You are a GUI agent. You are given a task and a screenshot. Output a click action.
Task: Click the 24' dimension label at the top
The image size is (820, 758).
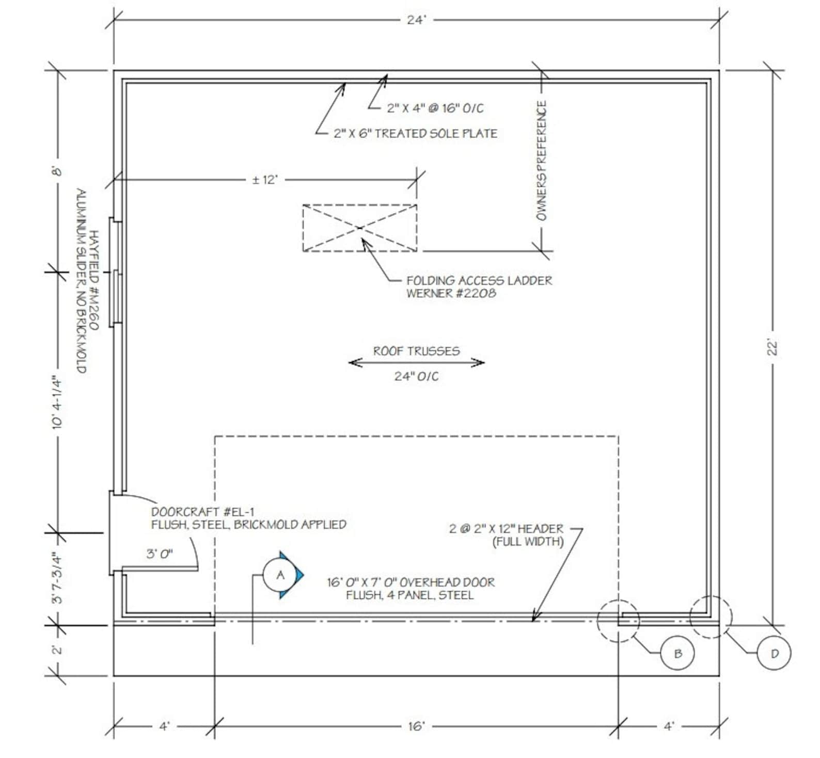(x=416, y=20)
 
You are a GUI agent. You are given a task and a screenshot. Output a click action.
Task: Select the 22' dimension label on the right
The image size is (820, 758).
(x=772, y=347)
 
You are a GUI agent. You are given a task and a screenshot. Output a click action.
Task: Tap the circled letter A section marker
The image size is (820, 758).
(x=280, y=575)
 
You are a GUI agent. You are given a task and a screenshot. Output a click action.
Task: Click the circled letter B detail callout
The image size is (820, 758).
(x=678, y=653)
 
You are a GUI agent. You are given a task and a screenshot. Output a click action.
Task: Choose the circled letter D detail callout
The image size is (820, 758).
(x=774, y=653)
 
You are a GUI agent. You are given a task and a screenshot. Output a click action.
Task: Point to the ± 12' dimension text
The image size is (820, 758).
(x=265, y=180)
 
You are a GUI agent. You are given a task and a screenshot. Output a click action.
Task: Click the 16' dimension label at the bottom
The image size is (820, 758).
(x=416, y=726)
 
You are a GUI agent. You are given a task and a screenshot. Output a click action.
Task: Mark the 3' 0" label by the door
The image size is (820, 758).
(x=160, y=555)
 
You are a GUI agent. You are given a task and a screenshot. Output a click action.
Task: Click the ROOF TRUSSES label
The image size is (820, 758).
(x=416, y=351)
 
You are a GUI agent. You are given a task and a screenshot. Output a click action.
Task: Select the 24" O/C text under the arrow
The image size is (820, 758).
(x=416, y=376)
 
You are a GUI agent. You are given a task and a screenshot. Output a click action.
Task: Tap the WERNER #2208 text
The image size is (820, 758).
(x=451, y=293)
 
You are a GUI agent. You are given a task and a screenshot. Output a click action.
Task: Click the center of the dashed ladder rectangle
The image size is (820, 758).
(x=360, y=228)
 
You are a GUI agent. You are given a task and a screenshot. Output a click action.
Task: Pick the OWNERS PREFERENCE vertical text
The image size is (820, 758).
(x=541, y=160)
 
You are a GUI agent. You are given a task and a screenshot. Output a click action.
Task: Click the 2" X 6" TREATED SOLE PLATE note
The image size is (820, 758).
(x=415, y=133)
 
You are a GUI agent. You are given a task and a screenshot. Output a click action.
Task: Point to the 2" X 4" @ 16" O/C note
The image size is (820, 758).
(x=435, y=108)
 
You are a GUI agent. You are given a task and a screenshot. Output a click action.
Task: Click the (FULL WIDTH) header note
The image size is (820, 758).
(x=528, y=542)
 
